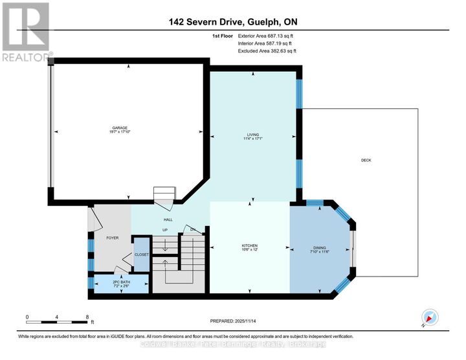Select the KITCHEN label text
click(x=250, y=245)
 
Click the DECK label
click(x=366, y=160)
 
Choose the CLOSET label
click(x=142, y=254)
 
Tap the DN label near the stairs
click(x=192, y=230)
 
